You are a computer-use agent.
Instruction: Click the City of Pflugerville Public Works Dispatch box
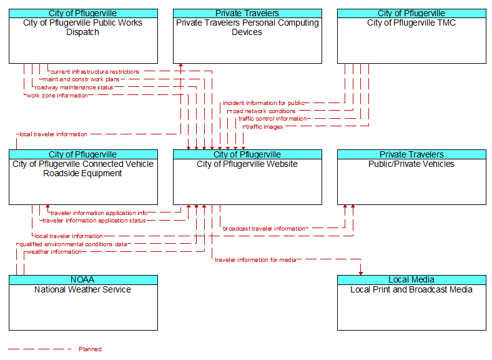(83, 36)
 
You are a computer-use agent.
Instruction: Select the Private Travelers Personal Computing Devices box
(247, 36)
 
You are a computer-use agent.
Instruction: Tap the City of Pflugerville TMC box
(411, 36)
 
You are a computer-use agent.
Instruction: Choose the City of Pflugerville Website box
(247, 177)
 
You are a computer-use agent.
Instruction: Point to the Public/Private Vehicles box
(411, 177)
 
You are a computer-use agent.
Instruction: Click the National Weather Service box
(83, 303)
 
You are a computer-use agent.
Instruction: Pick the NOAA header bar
(83, 280)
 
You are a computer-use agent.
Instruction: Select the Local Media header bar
(411, 280)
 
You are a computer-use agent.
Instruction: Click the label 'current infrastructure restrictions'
(95, 72)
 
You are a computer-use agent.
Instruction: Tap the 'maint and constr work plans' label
(81, 79)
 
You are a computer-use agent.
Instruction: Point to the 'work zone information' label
(57, 96)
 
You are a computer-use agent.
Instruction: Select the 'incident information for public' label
(263, 103)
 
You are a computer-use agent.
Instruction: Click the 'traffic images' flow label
(264, 127)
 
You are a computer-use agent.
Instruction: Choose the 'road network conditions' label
(263, 111)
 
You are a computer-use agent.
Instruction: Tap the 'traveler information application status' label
(94, 221)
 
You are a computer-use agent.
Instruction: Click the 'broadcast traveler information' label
(263, 229)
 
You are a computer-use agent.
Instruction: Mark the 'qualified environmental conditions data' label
(73, 244)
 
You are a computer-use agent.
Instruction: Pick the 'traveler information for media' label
(255, 260)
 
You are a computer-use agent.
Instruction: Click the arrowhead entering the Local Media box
(361, 273)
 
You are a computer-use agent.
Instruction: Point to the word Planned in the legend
(90, 349)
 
